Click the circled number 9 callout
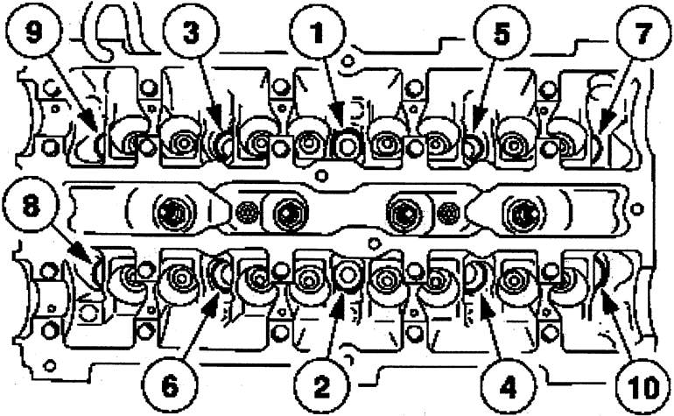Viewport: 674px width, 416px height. pos(34,32)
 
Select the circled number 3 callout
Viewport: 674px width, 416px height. pos(191,32)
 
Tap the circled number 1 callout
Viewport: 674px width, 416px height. pos(317,32)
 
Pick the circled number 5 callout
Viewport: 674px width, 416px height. pos(501,32)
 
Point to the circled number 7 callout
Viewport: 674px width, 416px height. pos(643,32)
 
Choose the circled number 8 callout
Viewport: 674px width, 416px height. pos(30,206)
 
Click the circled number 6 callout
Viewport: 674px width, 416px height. pos(170,385)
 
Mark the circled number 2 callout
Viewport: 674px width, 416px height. pos(321,385)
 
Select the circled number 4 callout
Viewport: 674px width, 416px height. pos(508,385)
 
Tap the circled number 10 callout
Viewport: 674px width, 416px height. pos(644,385)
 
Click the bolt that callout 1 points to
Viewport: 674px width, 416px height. pos(347,145)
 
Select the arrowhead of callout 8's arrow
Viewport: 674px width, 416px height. pos(81,253)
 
